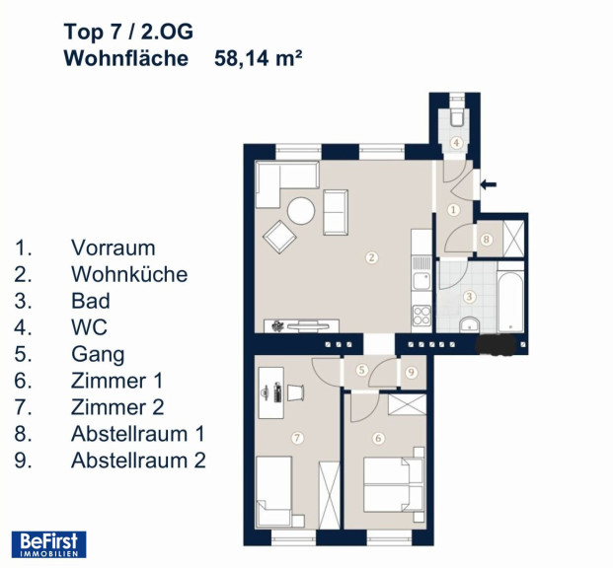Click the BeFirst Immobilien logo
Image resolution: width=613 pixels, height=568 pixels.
tap(49, 544)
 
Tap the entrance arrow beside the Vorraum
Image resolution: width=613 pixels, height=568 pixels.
tap(489, 184)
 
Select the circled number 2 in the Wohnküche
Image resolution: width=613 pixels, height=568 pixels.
tap(371, 257)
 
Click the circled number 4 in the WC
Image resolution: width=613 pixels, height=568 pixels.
tap(456, 143)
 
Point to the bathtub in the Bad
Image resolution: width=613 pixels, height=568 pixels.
tap(510, 301)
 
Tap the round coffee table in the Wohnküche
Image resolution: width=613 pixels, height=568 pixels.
tap(301, 211)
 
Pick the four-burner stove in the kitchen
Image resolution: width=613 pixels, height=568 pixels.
tap(421, 316)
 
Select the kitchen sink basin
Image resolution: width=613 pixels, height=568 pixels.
tap(421, 281)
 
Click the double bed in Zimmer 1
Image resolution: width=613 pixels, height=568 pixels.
tap(394, 484)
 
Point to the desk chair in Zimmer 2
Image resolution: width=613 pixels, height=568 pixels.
tap(296, 392)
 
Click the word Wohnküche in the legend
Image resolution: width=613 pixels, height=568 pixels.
tap(129, 274)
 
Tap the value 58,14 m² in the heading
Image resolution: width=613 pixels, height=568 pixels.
tap(258, 58)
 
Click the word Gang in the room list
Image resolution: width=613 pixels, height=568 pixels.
tap(98, 355)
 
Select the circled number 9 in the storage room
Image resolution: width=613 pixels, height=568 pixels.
tap(411, 373)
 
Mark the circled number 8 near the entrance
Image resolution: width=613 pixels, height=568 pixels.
tap(487, 239)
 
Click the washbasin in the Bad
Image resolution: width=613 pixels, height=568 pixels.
tap(470, 324)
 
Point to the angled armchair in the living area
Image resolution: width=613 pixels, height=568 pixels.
tap(279, 237)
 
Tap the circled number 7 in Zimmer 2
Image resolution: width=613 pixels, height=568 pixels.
tap(297, 438)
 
